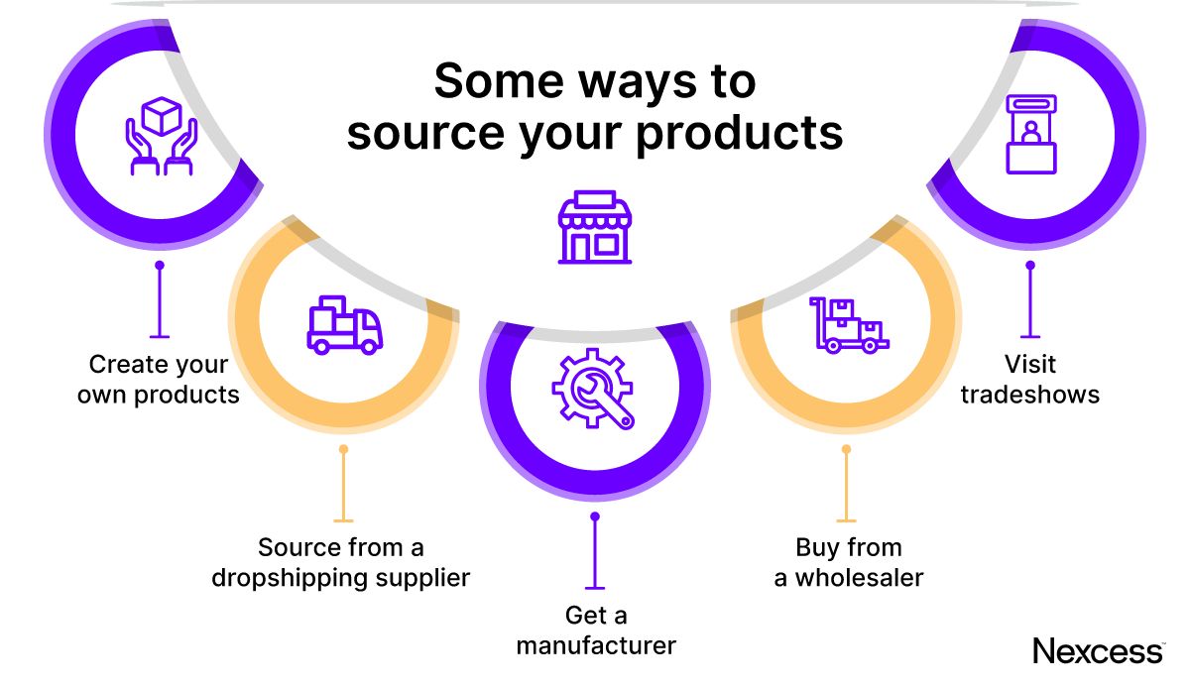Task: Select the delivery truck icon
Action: tap(344, 323)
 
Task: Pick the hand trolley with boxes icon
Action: tap(851, 324)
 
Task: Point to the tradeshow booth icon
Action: tap(1031, 134)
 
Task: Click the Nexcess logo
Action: tap(1098, 651)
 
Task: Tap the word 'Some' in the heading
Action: tap(491, 81)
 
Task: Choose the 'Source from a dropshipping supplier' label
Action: tap(341, 562)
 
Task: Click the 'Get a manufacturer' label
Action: tap(596, 631)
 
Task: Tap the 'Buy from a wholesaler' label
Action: tap(849, 562)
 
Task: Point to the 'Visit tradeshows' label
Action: tap(1030, 380)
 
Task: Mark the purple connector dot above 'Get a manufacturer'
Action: tap(595, 516)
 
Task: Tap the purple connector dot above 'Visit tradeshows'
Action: tap(1030, 266)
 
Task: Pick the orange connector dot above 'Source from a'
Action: tap(343, 449)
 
